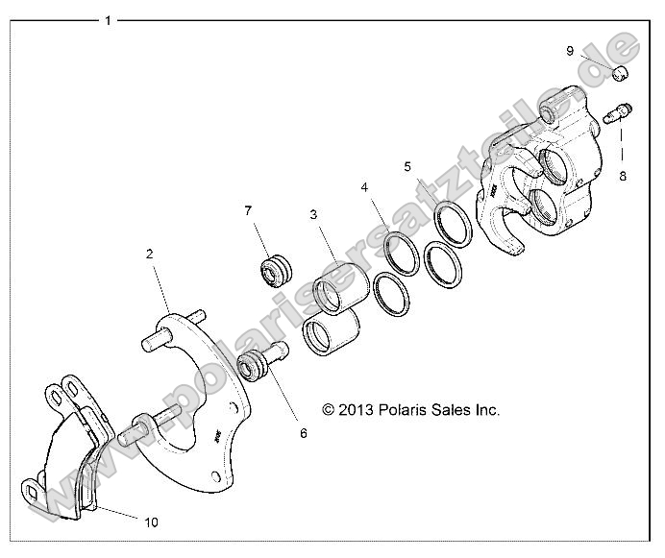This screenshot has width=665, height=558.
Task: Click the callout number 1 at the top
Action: tap(108, 19)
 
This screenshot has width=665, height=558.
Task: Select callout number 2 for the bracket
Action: tap(150, 255)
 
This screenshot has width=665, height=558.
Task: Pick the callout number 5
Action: tap(407, 165)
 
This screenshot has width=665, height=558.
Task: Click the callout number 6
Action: tap(303, 433)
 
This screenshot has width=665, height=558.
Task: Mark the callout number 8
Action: tap(622, 176)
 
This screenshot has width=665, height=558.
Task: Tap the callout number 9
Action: tap(570, 50)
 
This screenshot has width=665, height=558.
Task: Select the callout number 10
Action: tap(151, 522)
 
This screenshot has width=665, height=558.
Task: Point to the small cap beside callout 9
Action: tap(621, 73)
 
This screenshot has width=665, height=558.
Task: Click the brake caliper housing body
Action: tap(543, 178)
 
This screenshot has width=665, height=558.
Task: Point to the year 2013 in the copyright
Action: tap(356, 409)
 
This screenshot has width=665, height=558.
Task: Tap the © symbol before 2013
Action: tap(329, 409)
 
